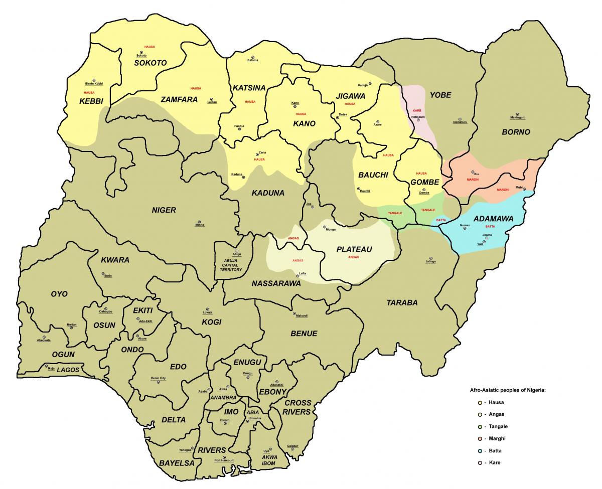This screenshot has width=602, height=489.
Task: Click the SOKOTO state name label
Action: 150,63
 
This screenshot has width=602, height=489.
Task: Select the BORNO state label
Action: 515,132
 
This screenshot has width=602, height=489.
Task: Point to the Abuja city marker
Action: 237,251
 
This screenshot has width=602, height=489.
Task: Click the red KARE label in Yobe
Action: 416,110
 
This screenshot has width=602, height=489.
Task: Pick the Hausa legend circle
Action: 481,402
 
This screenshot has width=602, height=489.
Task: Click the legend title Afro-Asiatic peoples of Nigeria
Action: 507,390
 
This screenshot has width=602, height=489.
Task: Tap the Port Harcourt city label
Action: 224,460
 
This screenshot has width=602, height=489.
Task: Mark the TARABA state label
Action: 402,302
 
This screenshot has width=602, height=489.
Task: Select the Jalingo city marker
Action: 431,256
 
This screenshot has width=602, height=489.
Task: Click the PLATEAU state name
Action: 354,249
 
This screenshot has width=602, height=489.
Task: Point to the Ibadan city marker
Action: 72,328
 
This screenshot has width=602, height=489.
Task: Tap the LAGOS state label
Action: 68,370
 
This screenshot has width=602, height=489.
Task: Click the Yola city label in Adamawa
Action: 480,244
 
